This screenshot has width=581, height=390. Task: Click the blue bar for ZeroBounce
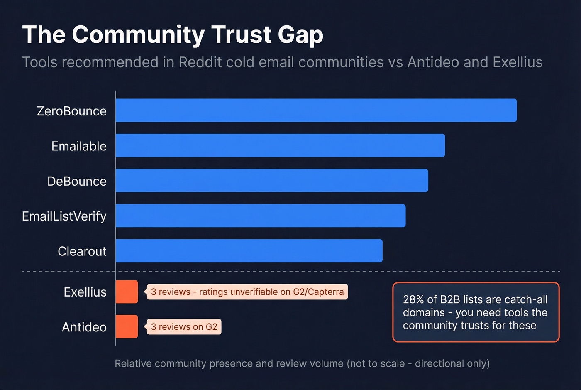(316, 110)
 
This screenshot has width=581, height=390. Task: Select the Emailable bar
(280, 145)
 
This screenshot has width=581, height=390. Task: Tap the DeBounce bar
(271, 181)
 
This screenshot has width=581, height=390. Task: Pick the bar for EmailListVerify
(260, 216)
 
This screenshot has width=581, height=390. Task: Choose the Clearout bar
(249, 251)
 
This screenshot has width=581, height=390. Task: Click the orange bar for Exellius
(127, 292)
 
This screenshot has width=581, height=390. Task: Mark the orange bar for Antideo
(127, 326)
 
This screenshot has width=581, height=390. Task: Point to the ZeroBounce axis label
(71, 111)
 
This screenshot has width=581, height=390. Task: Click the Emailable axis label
(79, 146)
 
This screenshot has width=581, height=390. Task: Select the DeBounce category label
(77, 182)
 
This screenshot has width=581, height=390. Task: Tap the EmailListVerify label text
(64, 216)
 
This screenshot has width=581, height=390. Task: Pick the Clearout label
(82, 251)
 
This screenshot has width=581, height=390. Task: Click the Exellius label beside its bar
(85, 292)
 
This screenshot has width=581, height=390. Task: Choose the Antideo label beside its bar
(84, 327)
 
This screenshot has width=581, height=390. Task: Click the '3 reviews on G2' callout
(184, 327)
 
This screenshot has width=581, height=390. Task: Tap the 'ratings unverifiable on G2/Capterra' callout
(247, 292)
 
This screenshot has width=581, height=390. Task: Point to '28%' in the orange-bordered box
(413, 299)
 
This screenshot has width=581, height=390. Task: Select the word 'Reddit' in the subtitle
(199, 62)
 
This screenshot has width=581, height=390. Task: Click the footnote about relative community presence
(302, 363)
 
